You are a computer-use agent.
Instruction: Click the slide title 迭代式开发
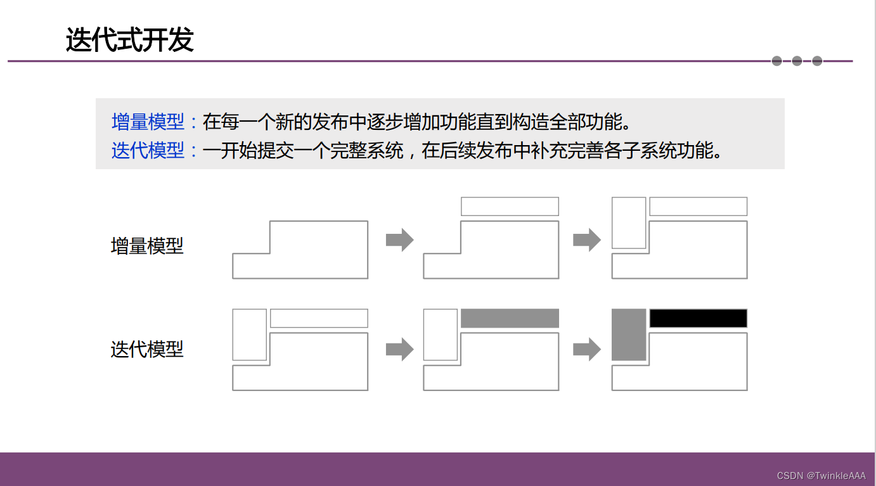pos(129,41)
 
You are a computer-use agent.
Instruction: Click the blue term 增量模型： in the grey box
pos(155,121)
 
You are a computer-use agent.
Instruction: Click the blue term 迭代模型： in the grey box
pos(155,151)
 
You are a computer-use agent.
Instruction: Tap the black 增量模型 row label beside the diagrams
pos(147,246)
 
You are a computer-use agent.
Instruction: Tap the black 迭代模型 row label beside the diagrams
pos(147,349)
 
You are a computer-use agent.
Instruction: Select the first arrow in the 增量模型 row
pos(399,240)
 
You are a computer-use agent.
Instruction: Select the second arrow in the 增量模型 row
pos(586,240)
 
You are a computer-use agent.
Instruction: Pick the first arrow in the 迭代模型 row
pos(399,349)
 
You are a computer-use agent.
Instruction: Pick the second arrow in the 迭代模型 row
pos(586,349)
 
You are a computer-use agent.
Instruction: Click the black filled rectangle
pos(698,318)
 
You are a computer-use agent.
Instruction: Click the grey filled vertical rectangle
pos(629,335)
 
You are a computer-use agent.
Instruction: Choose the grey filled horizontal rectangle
pos(510,318)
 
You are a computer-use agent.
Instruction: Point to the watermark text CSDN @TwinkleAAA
pos(821,475)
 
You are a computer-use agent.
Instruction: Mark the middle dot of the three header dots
pos(797,61)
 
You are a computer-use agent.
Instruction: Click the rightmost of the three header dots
pos(817,61)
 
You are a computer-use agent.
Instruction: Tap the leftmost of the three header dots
pos(776,61)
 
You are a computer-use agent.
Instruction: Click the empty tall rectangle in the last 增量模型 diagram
pos(629,222)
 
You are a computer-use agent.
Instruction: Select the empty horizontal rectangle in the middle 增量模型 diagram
pos(510,207)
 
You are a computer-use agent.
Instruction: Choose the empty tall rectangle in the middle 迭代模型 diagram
pos(440,335)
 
